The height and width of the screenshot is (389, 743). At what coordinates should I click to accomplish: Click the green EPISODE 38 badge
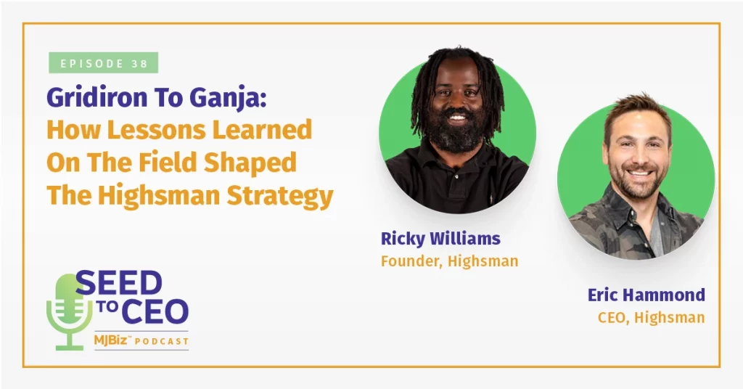pos(103,63)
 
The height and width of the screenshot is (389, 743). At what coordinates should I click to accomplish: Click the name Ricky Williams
pos(440,238)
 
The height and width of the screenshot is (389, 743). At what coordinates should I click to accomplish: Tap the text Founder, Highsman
pos(450,261)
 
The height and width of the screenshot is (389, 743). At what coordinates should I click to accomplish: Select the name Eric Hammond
pos(646,295)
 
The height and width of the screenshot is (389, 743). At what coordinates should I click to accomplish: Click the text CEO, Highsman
pos(652,317)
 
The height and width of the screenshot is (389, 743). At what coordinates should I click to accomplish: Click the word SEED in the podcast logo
pos(119,284)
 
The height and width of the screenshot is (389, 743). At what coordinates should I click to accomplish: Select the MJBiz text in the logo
pos(110,340)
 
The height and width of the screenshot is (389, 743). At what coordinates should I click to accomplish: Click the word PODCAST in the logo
pos(161,341)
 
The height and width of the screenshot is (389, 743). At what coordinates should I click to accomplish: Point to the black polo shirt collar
pos(456,161)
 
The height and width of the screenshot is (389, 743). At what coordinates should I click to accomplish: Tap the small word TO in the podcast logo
pos(108,307)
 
